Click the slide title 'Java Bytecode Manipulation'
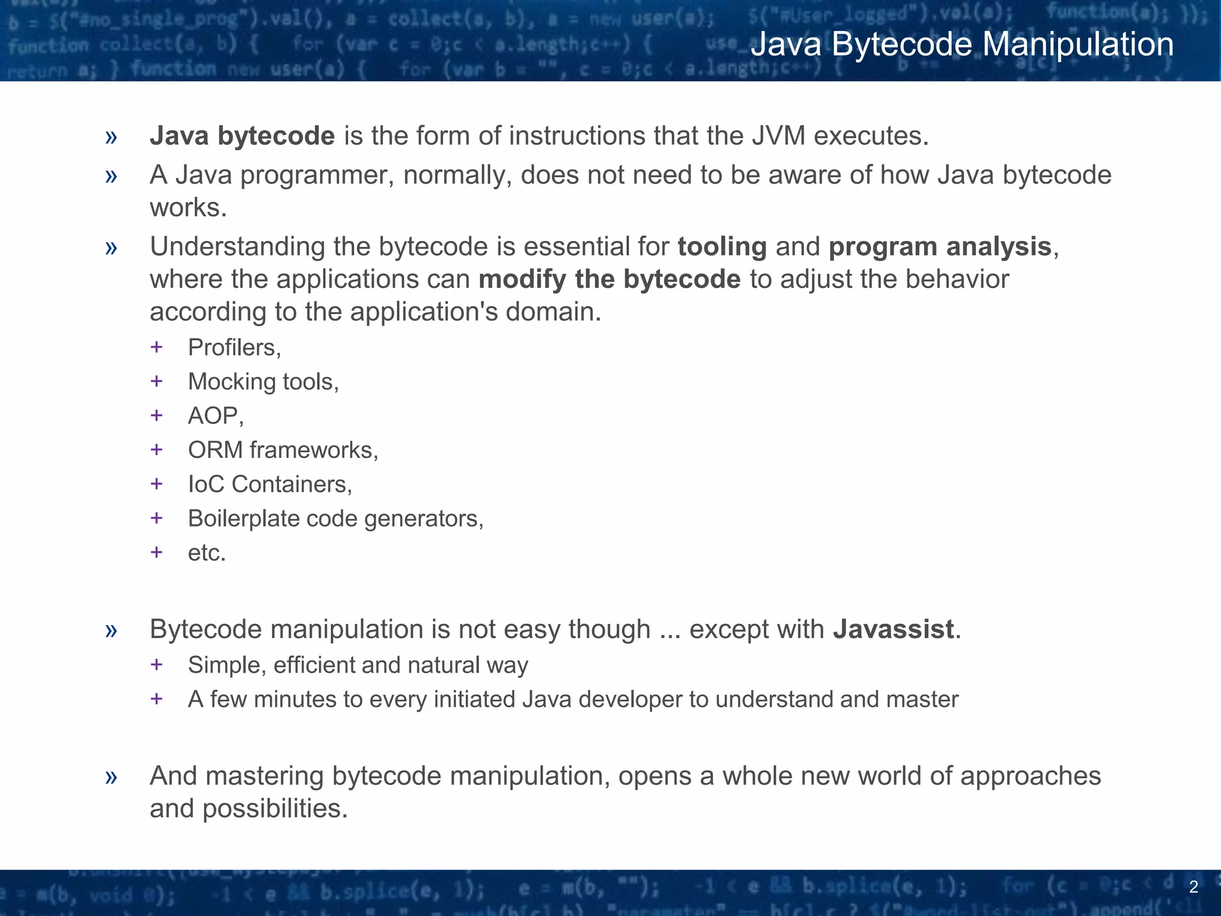pos(962,45)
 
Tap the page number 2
pos(1193,887)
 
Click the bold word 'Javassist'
pos(893,630)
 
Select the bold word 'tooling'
pos(722,247)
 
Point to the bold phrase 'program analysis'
pos(940,247)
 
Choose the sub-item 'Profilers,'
pos(234,348)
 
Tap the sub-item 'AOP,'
pos(216,416)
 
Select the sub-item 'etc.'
pos(207,553)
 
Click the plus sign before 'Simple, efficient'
pos(157,664)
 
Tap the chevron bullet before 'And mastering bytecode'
pos(111,777)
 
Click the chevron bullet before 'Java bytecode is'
pos(111,137)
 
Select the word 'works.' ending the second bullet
pos(188,208)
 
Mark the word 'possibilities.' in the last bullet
pos(275,809)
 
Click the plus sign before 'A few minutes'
pos(157,698)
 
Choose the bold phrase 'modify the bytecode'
pos(609,280)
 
